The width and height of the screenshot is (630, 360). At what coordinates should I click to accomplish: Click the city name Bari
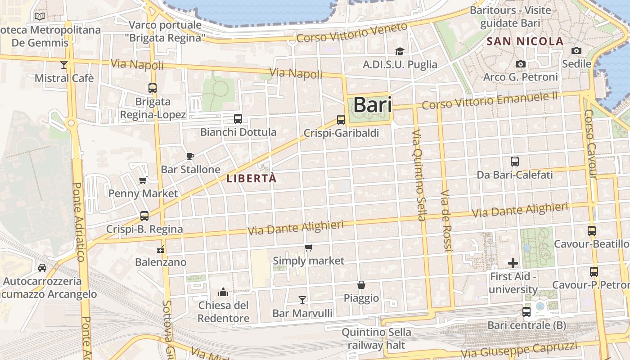[372, 105]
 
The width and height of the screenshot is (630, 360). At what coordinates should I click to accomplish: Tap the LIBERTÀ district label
[251, 178]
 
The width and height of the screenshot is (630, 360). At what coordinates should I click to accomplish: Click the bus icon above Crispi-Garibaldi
[341, 120]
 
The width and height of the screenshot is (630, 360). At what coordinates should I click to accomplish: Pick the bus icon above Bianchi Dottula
[238, 119]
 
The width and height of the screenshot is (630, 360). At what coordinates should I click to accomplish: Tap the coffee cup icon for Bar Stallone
[190, 156]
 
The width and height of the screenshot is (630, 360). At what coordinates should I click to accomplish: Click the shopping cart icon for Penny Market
[143, 180]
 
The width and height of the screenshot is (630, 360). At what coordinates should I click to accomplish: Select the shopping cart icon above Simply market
[308, 248]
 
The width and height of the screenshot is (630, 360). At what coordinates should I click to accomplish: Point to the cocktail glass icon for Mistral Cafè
[64, 65]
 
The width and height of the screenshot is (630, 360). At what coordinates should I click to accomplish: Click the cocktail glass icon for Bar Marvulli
[302, 300]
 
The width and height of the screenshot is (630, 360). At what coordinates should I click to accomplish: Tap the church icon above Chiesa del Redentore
[223, 292]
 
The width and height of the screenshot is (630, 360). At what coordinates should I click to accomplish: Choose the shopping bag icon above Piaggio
[361, 285]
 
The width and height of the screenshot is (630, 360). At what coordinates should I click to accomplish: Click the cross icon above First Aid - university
[513, 263]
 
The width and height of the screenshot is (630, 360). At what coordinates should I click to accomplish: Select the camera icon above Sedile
[576, 50]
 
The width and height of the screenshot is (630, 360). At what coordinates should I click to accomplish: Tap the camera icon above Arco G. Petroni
[521, 64]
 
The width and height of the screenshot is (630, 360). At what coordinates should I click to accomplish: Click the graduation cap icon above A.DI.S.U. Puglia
[400, 51]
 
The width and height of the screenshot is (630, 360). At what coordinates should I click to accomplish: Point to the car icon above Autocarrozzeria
[42, 268]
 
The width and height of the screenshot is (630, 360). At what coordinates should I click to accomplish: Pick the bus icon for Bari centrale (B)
[526, 311]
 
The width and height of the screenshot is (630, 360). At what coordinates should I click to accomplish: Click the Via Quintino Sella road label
[418, 175]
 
